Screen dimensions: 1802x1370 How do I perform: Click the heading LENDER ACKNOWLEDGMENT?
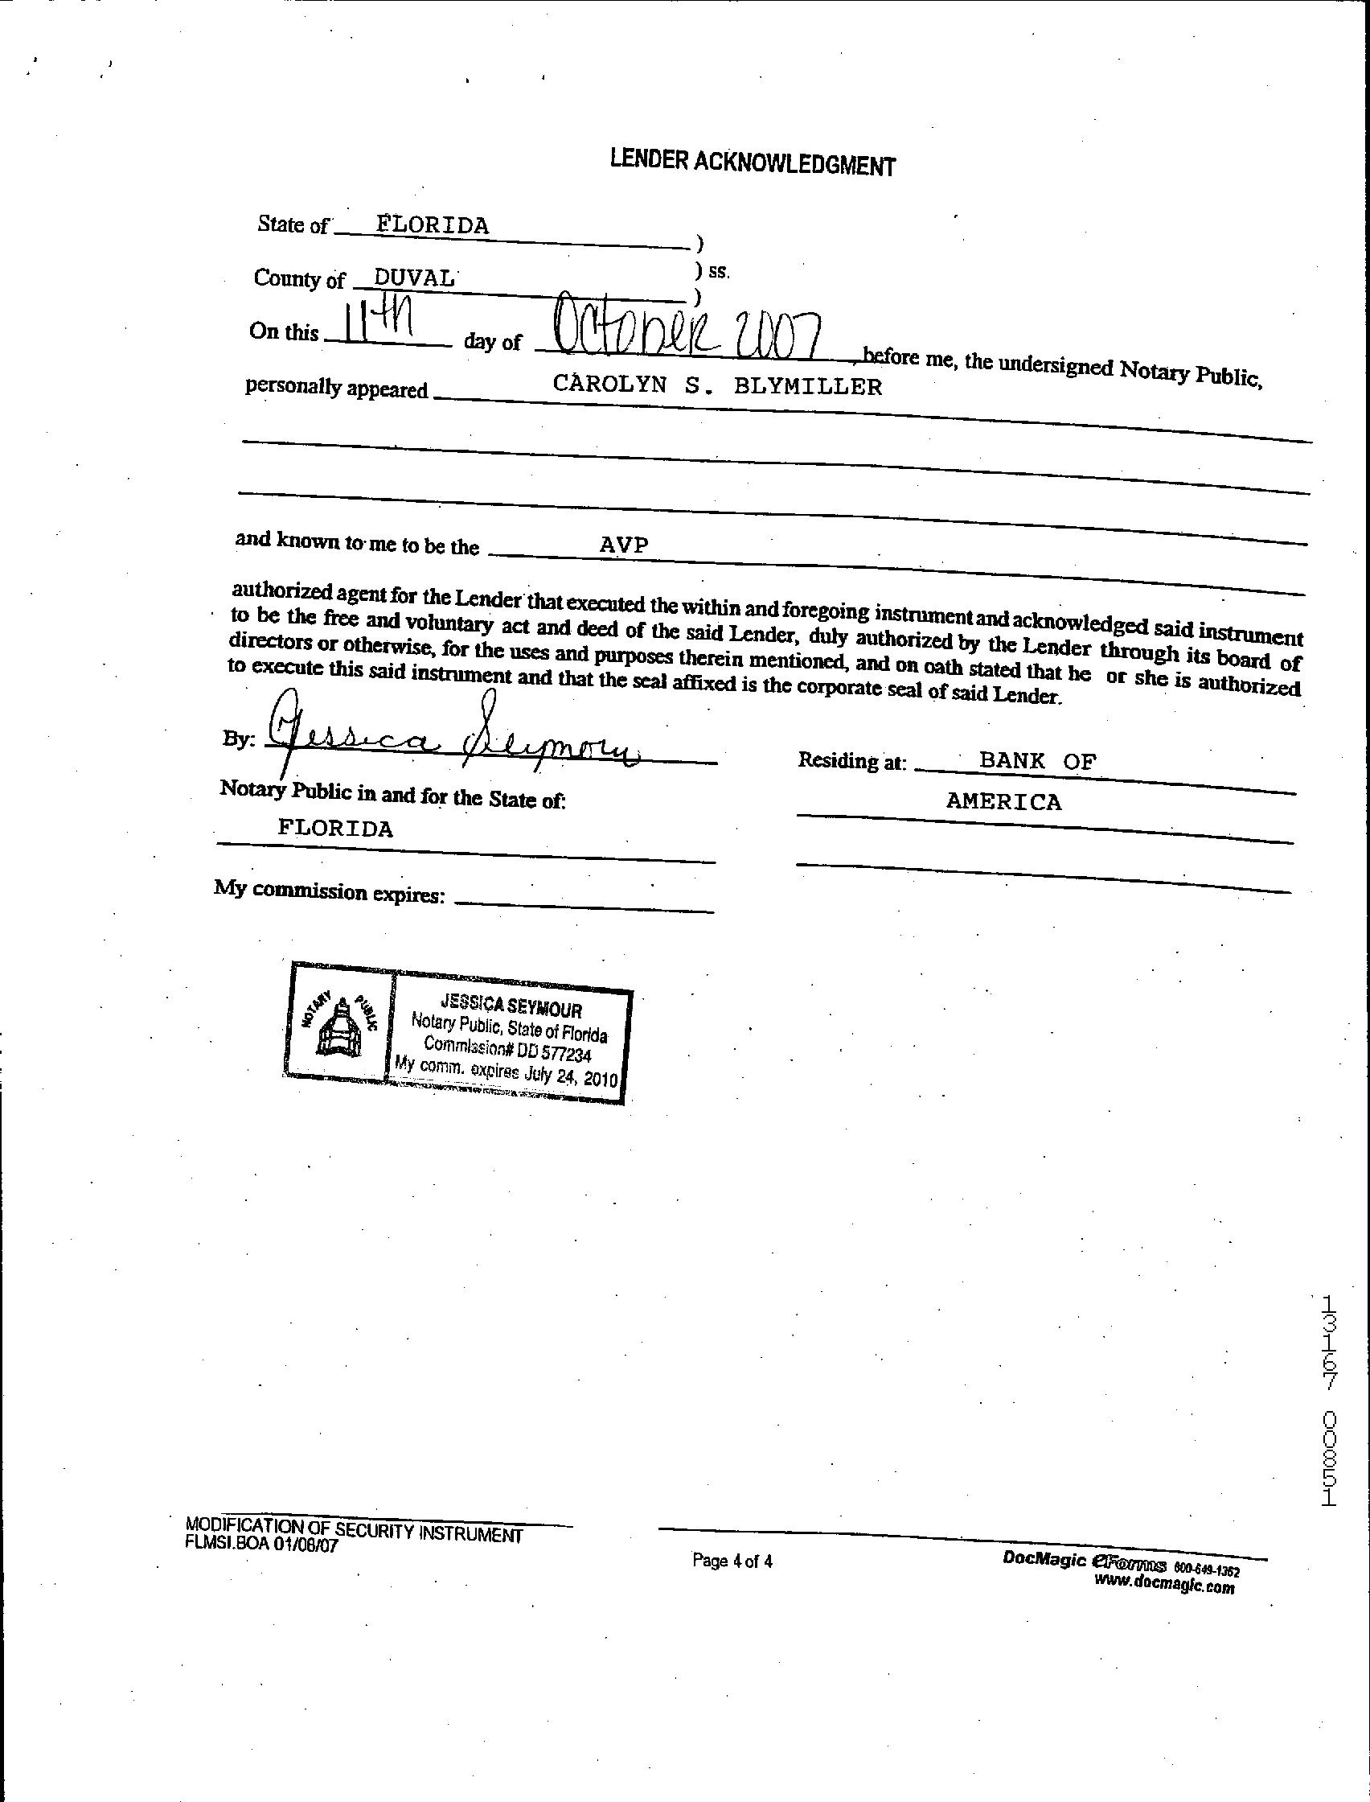click(752, 163)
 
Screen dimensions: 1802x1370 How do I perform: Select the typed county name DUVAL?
click(413, 278)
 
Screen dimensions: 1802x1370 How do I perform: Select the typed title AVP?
click(624, 545)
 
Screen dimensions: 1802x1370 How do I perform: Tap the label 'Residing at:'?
click(851, 760)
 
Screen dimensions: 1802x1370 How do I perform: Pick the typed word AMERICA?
click(1003, 802)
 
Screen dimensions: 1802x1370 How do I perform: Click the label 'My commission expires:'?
click(330, 891)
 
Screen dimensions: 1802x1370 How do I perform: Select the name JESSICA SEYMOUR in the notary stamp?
click(511, 1006)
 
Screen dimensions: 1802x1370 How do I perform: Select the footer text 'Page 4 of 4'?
click(732, 1561)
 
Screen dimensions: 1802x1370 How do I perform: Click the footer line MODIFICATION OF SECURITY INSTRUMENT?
click(354, 1529)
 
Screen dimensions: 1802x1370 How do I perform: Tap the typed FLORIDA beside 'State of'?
click(433, 225)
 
